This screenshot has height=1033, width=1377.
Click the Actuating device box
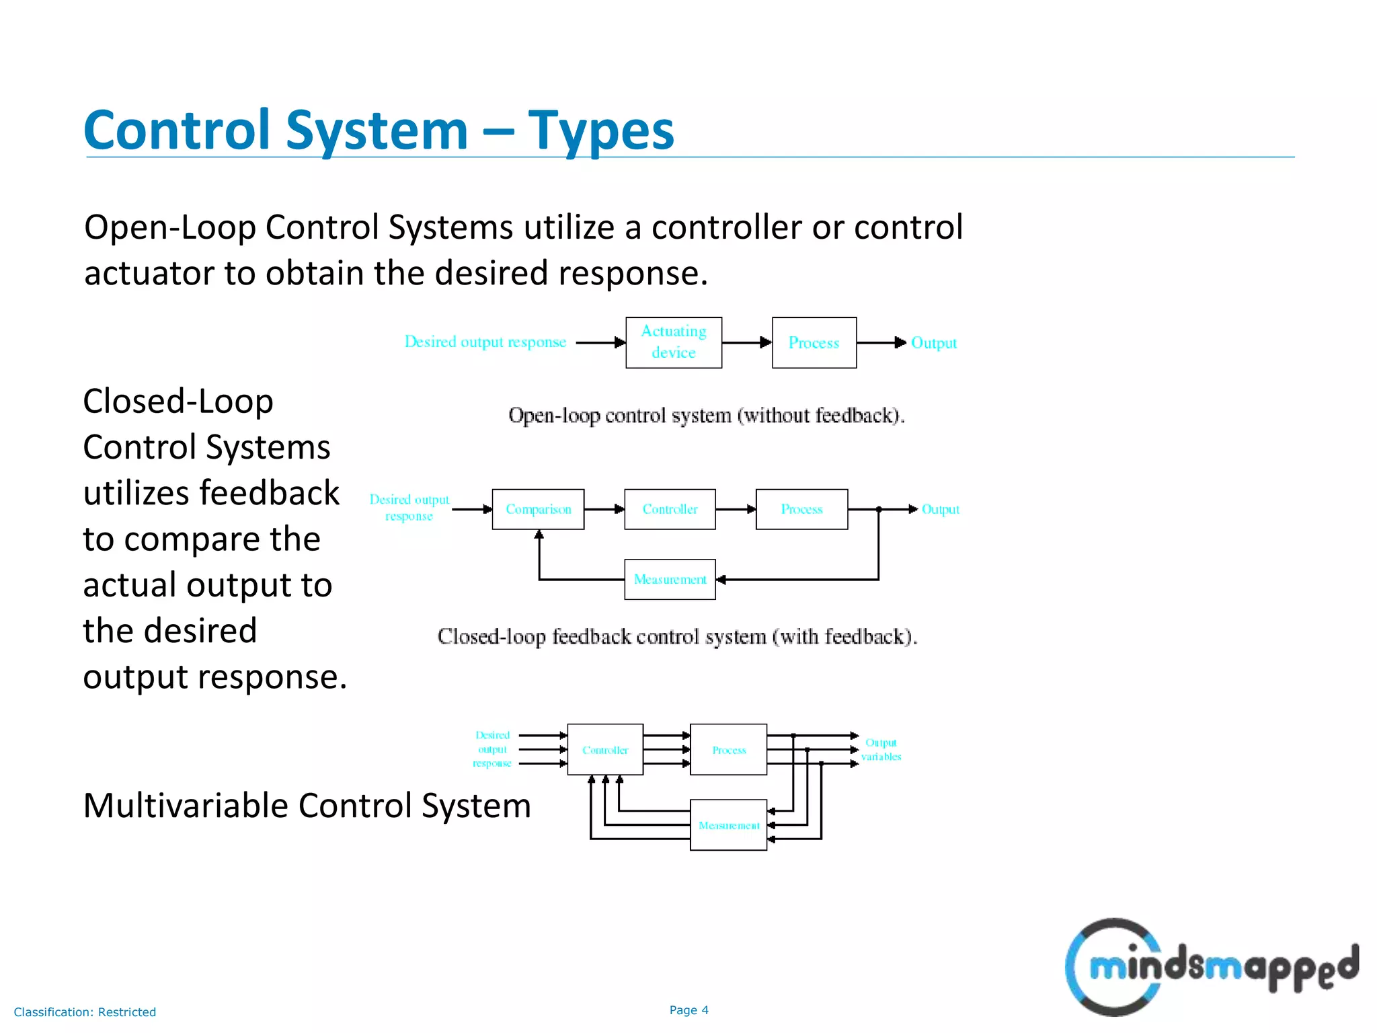pos(674,342)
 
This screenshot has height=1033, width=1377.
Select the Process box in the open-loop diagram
pos(814,342)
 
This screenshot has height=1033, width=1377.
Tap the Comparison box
pos(538,509)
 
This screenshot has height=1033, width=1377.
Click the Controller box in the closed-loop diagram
pos(670,509)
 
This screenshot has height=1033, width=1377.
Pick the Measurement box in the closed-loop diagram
pos(670,579)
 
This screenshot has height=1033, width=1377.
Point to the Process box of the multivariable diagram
pos(729,749)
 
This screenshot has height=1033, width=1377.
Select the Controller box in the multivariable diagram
pos(605,749)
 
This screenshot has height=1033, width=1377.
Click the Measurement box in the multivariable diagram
pos(729,825)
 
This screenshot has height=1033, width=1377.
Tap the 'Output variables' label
pos(881,749)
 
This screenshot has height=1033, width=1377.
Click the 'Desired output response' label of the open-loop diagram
pos(485,342)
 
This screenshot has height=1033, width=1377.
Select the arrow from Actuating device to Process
pos(746,342)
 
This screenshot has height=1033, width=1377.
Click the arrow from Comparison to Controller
pos(604,509)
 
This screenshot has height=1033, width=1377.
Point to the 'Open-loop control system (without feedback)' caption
pos(706,415)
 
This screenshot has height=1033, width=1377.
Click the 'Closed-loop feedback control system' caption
pos(677,636)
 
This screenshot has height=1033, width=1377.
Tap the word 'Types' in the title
pos(600,130)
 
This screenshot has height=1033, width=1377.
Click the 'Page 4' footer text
pos(688,1009)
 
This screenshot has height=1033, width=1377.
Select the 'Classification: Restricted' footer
pos(85,1011)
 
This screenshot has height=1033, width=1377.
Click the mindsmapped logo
pos(1210,967)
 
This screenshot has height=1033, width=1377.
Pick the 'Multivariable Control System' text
pos(307,805)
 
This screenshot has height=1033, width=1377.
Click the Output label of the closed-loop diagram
pos(940,509)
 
